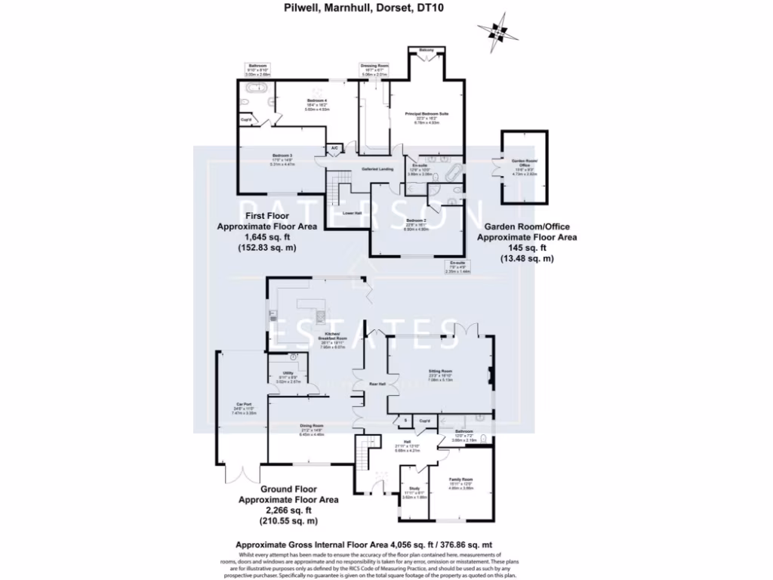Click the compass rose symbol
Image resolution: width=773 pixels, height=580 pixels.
coord(497,32)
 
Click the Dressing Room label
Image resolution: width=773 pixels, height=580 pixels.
coord(374,66)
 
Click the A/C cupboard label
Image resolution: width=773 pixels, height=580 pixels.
coord(334,147)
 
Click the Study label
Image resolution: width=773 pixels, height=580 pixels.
coord(414,467)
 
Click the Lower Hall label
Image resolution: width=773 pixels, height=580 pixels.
coord(353,214)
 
